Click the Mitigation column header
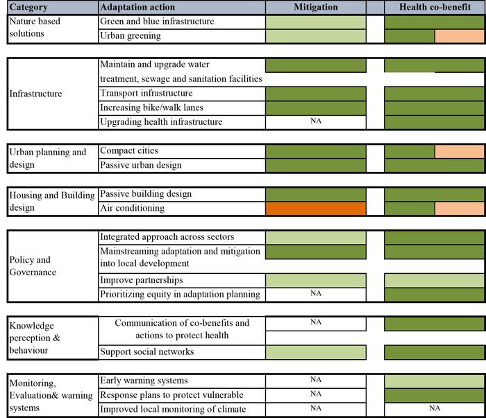316,7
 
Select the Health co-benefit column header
434,7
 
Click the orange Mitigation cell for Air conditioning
316,208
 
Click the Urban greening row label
130,35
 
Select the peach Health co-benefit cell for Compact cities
459,151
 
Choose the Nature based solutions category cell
35,28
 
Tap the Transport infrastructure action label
146,94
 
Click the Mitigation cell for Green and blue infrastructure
316,21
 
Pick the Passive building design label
146,194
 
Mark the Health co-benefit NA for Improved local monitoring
434,409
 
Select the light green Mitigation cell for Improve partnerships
316,280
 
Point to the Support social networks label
146,352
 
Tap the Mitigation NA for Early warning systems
316,381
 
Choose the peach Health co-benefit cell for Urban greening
459,35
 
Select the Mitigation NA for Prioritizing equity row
316,294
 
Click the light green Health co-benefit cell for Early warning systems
434,381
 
